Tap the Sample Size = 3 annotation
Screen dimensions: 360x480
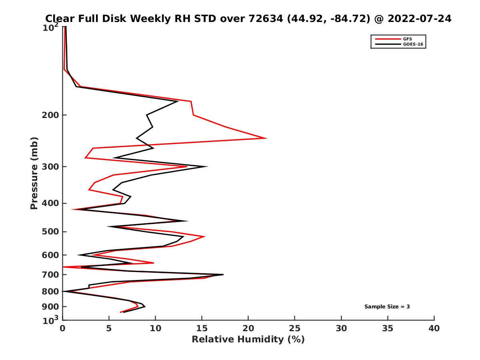click(x=387, y=307)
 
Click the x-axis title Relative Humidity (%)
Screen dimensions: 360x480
click(x=248, y=340)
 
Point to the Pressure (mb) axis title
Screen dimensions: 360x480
click(x=34, y=173)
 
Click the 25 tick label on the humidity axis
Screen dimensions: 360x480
click(x=295, y=329)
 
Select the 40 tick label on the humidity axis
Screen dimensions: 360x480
click(x=434, y=329)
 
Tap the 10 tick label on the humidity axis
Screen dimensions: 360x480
click(x=155, y=329)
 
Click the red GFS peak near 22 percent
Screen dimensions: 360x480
click(x=266, y=138)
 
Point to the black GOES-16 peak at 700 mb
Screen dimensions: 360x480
click(x=223, y=274)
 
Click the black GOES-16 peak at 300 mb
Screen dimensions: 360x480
click(x=207, y=166)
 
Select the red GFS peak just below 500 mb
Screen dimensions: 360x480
click(x=204, y=237)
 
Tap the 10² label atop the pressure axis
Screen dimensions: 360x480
click(x=50, y=28)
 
